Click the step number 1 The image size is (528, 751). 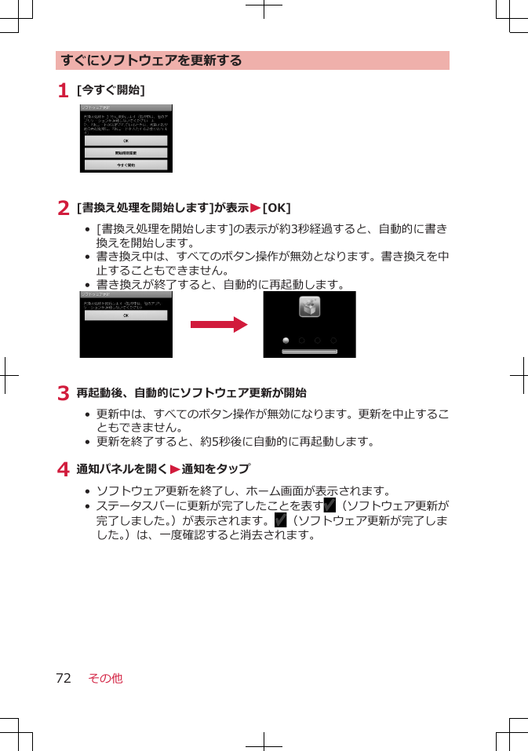62,91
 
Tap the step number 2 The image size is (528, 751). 62,208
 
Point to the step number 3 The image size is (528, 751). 62,393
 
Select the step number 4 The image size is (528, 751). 62,469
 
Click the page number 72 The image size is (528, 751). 63,678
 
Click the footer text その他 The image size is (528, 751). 106,678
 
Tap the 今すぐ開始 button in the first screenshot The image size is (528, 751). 126,166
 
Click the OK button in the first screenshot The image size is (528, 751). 126,140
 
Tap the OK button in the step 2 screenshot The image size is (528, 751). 126,315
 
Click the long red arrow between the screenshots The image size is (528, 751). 218,325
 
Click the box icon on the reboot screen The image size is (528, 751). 309,308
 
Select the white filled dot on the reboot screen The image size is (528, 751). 286,341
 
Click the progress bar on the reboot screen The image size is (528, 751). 309,352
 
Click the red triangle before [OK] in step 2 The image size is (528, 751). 255,208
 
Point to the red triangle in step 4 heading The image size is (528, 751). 175,469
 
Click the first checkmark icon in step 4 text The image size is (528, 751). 330,505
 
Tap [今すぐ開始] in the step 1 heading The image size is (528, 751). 111,91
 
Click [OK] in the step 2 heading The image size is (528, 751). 276,208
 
